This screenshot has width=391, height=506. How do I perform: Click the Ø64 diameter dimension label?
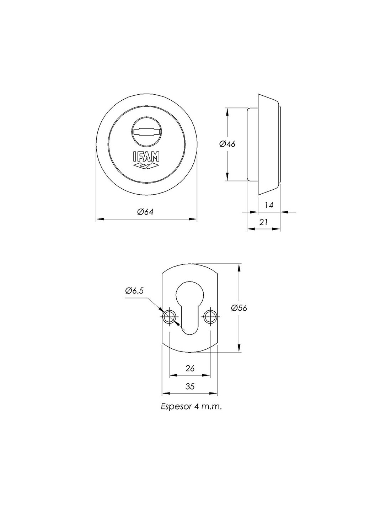145,212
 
